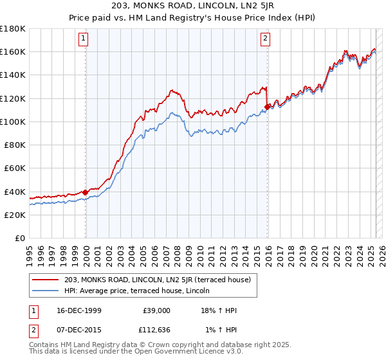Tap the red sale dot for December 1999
pos(86,192)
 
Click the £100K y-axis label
pos(13,122)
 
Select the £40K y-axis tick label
pos(15,192)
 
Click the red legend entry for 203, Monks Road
pos(161,279)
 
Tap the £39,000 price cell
pos(156,310)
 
